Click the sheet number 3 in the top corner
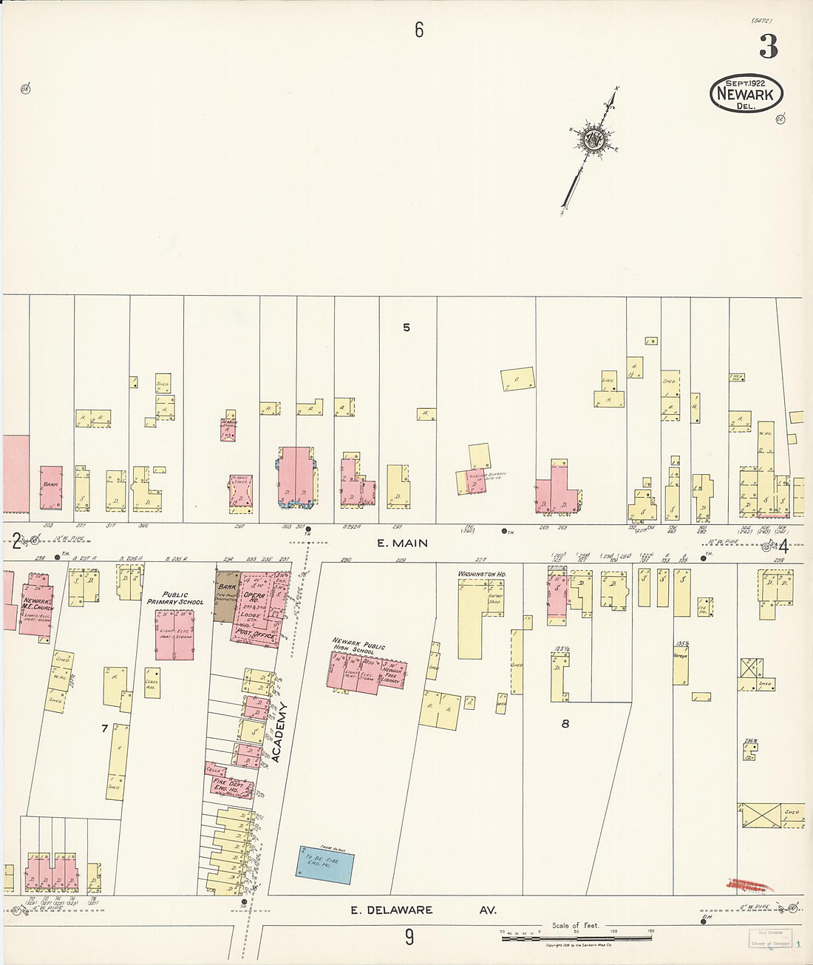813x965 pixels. [x=768, y=47]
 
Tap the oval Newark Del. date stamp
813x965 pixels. [x=746, y=94]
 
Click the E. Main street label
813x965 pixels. [x=402, y=543]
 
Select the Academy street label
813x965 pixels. [x=277, y=731]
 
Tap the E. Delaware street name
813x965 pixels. [x=391, y=910]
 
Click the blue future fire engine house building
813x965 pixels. [x=325, y=864]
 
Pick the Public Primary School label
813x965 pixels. [x=175, y=597]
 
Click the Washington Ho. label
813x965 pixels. [x=481, y=574]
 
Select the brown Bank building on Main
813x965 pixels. [x=225, y=595]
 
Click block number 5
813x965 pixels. [x=406, y=328]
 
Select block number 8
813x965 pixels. [x=565, y=724]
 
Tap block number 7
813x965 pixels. [x=104, y=728]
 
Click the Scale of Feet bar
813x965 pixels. [x=576, y=938]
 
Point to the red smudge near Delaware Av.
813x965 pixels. [x=747, y=884]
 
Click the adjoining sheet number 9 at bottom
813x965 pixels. [x=409, y=938]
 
